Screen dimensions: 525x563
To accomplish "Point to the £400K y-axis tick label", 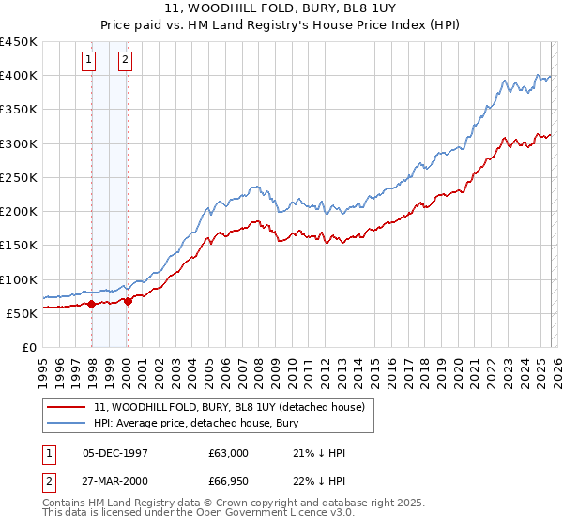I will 19,76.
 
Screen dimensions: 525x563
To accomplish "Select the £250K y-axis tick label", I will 19,177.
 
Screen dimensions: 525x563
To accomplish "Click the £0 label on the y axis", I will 29,347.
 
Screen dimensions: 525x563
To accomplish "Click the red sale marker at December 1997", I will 91,304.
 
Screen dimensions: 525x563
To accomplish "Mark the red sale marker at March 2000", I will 129,301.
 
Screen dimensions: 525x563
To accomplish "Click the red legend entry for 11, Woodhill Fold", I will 235,407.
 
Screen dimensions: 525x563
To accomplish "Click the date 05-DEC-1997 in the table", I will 114,453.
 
